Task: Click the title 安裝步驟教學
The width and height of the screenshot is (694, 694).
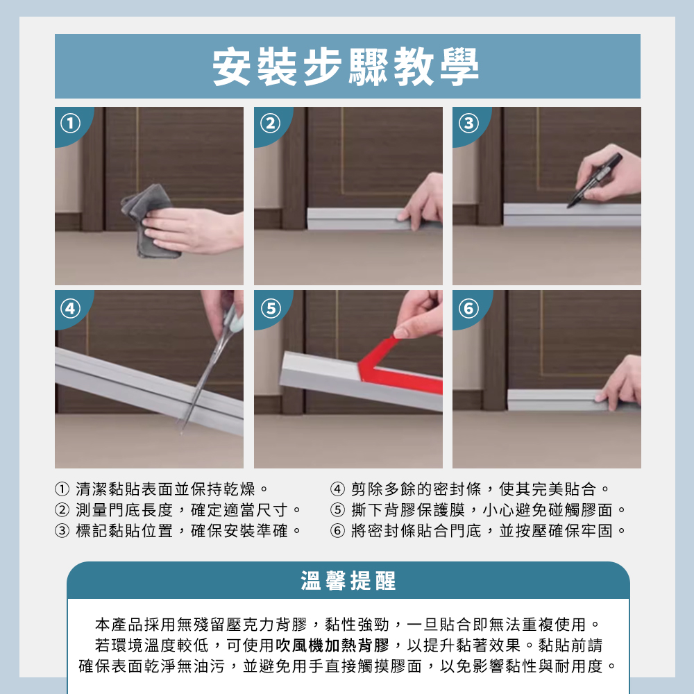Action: [x=346, y=67]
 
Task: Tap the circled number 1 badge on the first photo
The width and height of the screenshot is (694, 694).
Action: [x=70, y=124]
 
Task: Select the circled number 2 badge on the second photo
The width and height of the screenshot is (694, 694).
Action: [x=271, y=124]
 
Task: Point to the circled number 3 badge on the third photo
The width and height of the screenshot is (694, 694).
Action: [x=468, y=124]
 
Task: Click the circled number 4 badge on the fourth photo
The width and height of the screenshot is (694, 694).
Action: [x=70, y=308]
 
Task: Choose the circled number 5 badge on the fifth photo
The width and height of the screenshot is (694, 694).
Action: [x=271, y=308]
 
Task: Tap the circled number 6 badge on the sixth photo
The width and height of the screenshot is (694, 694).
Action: [x=468, y=308]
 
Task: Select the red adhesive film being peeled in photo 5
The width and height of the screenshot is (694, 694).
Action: [x=397, y=366]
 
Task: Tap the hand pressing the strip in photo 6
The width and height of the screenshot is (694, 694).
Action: [x=620, y=383]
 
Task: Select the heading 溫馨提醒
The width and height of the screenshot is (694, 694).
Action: [x=348, y=581]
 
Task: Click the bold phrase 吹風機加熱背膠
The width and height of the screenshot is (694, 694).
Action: [x=332, y=645]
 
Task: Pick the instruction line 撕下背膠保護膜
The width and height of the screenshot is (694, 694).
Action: [x=408, y=510]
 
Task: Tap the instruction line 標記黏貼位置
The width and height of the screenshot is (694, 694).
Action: [x=124, y=530]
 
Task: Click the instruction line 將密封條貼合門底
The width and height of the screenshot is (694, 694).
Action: [x=416, y=530]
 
